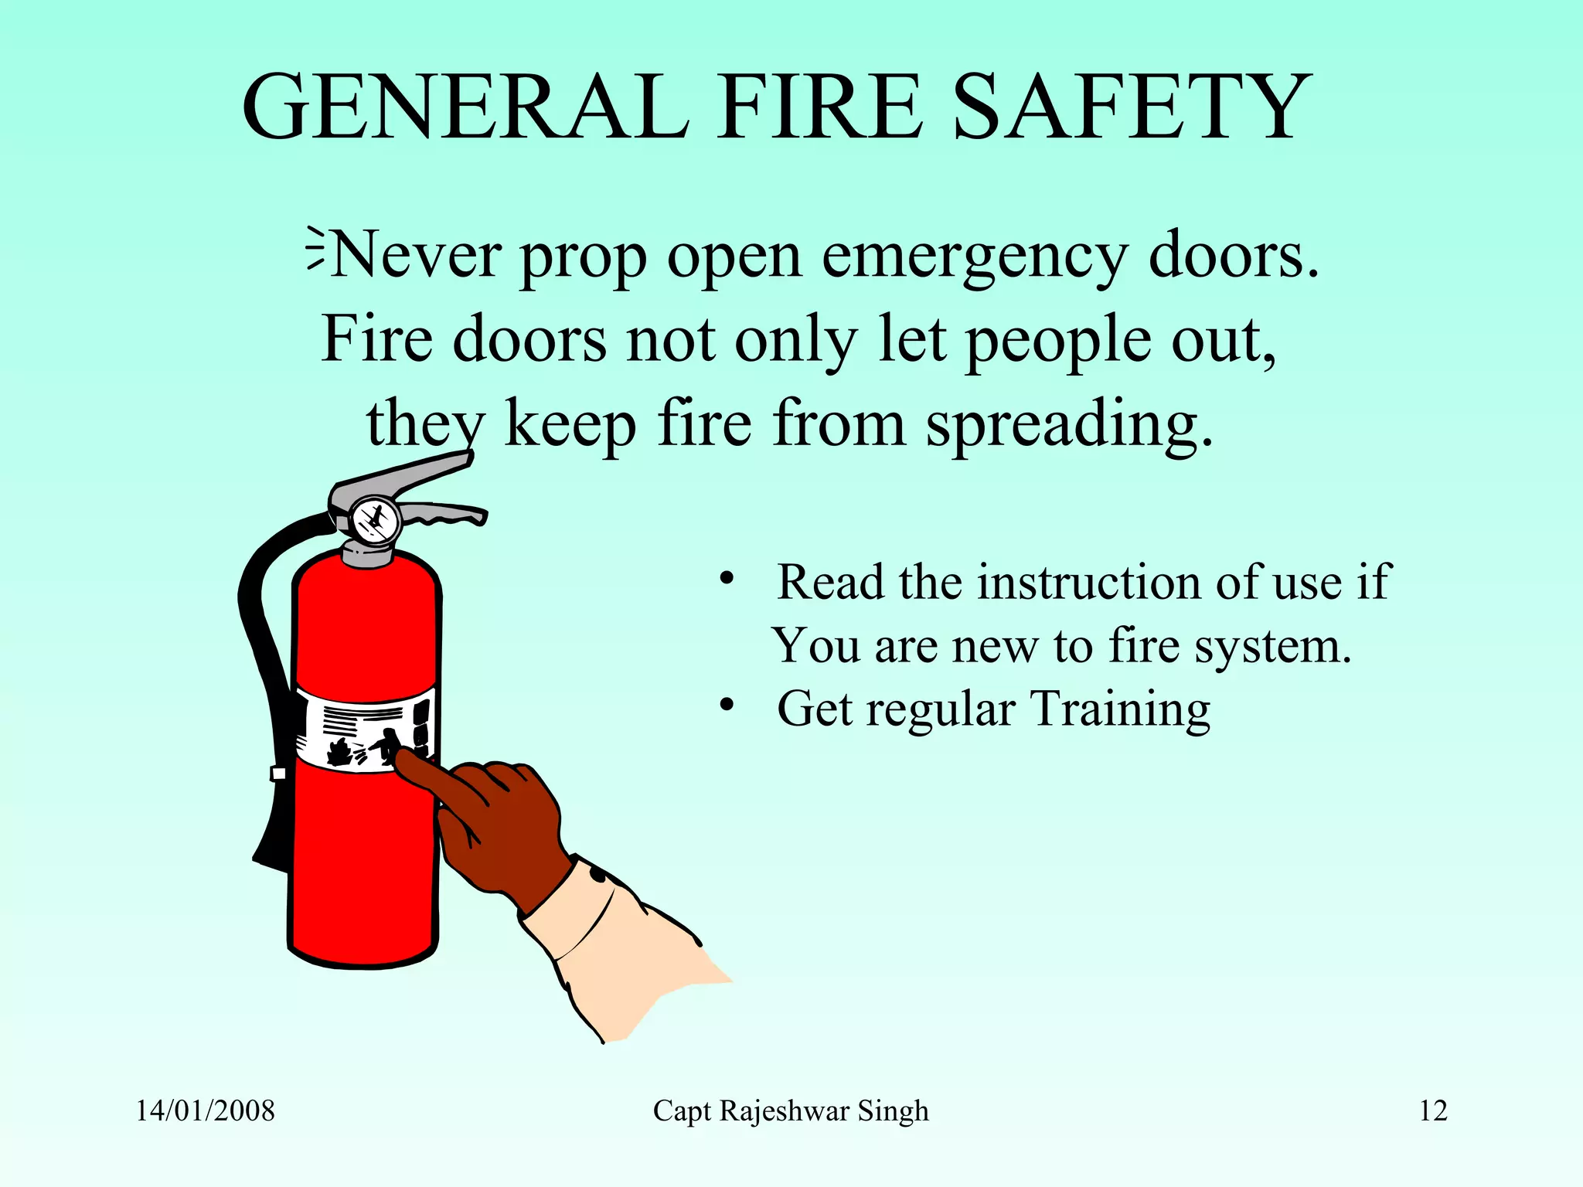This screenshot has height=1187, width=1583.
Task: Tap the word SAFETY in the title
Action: (1132, 107)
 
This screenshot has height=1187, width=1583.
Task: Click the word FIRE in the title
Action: (820, 107)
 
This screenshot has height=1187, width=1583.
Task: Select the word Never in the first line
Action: (417, 255)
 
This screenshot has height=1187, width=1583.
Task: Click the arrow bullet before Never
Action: (315, 248)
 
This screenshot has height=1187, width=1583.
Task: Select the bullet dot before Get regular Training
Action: (725, 705)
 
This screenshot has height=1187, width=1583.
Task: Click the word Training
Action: (1121, 709)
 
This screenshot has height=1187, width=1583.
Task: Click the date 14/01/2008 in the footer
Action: (205, 1111)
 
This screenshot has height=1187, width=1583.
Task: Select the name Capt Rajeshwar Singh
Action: (791, 1111)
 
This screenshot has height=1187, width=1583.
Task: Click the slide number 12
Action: (1433, 1111)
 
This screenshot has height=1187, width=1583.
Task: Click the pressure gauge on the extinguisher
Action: (375, 520)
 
